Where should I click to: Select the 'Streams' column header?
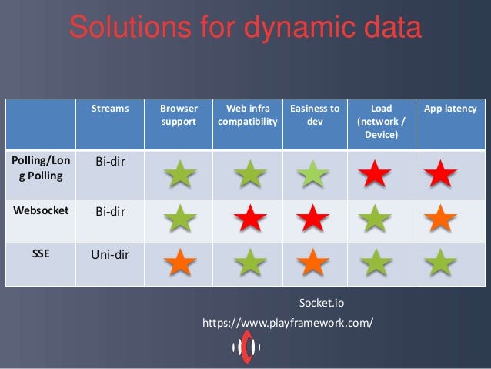point(110,109)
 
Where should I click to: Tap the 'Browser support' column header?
point(179,115)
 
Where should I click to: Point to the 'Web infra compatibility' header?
point(248,115)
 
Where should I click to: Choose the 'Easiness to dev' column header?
point(315,115)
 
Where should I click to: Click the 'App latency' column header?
point(450,109)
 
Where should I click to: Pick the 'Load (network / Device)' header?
point(382,122)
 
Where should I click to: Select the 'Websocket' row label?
point(41,210)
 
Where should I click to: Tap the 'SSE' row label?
point(41,253)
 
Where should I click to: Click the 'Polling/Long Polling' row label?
point(41,169)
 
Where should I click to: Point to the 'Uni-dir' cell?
point(110,254)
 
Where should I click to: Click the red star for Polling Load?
point(375,173)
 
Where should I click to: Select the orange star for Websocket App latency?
point(440,218)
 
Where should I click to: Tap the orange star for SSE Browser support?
point(180,262)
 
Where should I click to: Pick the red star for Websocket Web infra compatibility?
point(250,218)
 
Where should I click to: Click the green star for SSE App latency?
point(440,262)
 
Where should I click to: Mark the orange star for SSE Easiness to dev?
point(312,262)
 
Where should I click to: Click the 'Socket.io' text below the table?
point(322,303)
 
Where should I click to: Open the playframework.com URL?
point(288,323)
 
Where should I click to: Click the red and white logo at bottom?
point(246,347)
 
